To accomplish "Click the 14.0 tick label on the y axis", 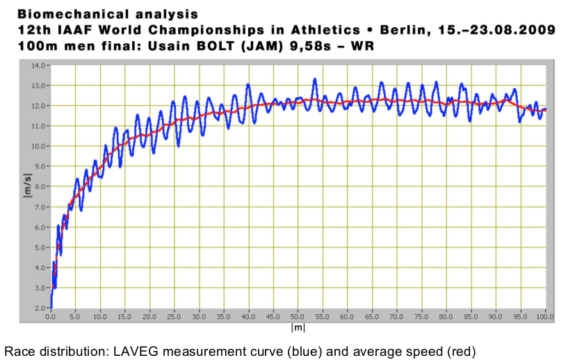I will click(x=38, y=65).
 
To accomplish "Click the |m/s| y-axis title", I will click(x=29, y=187).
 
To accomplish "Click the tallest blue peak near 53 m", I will click(x=315, y=79).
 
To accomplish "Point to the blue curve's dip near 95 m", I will click(x=519, y=121).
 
